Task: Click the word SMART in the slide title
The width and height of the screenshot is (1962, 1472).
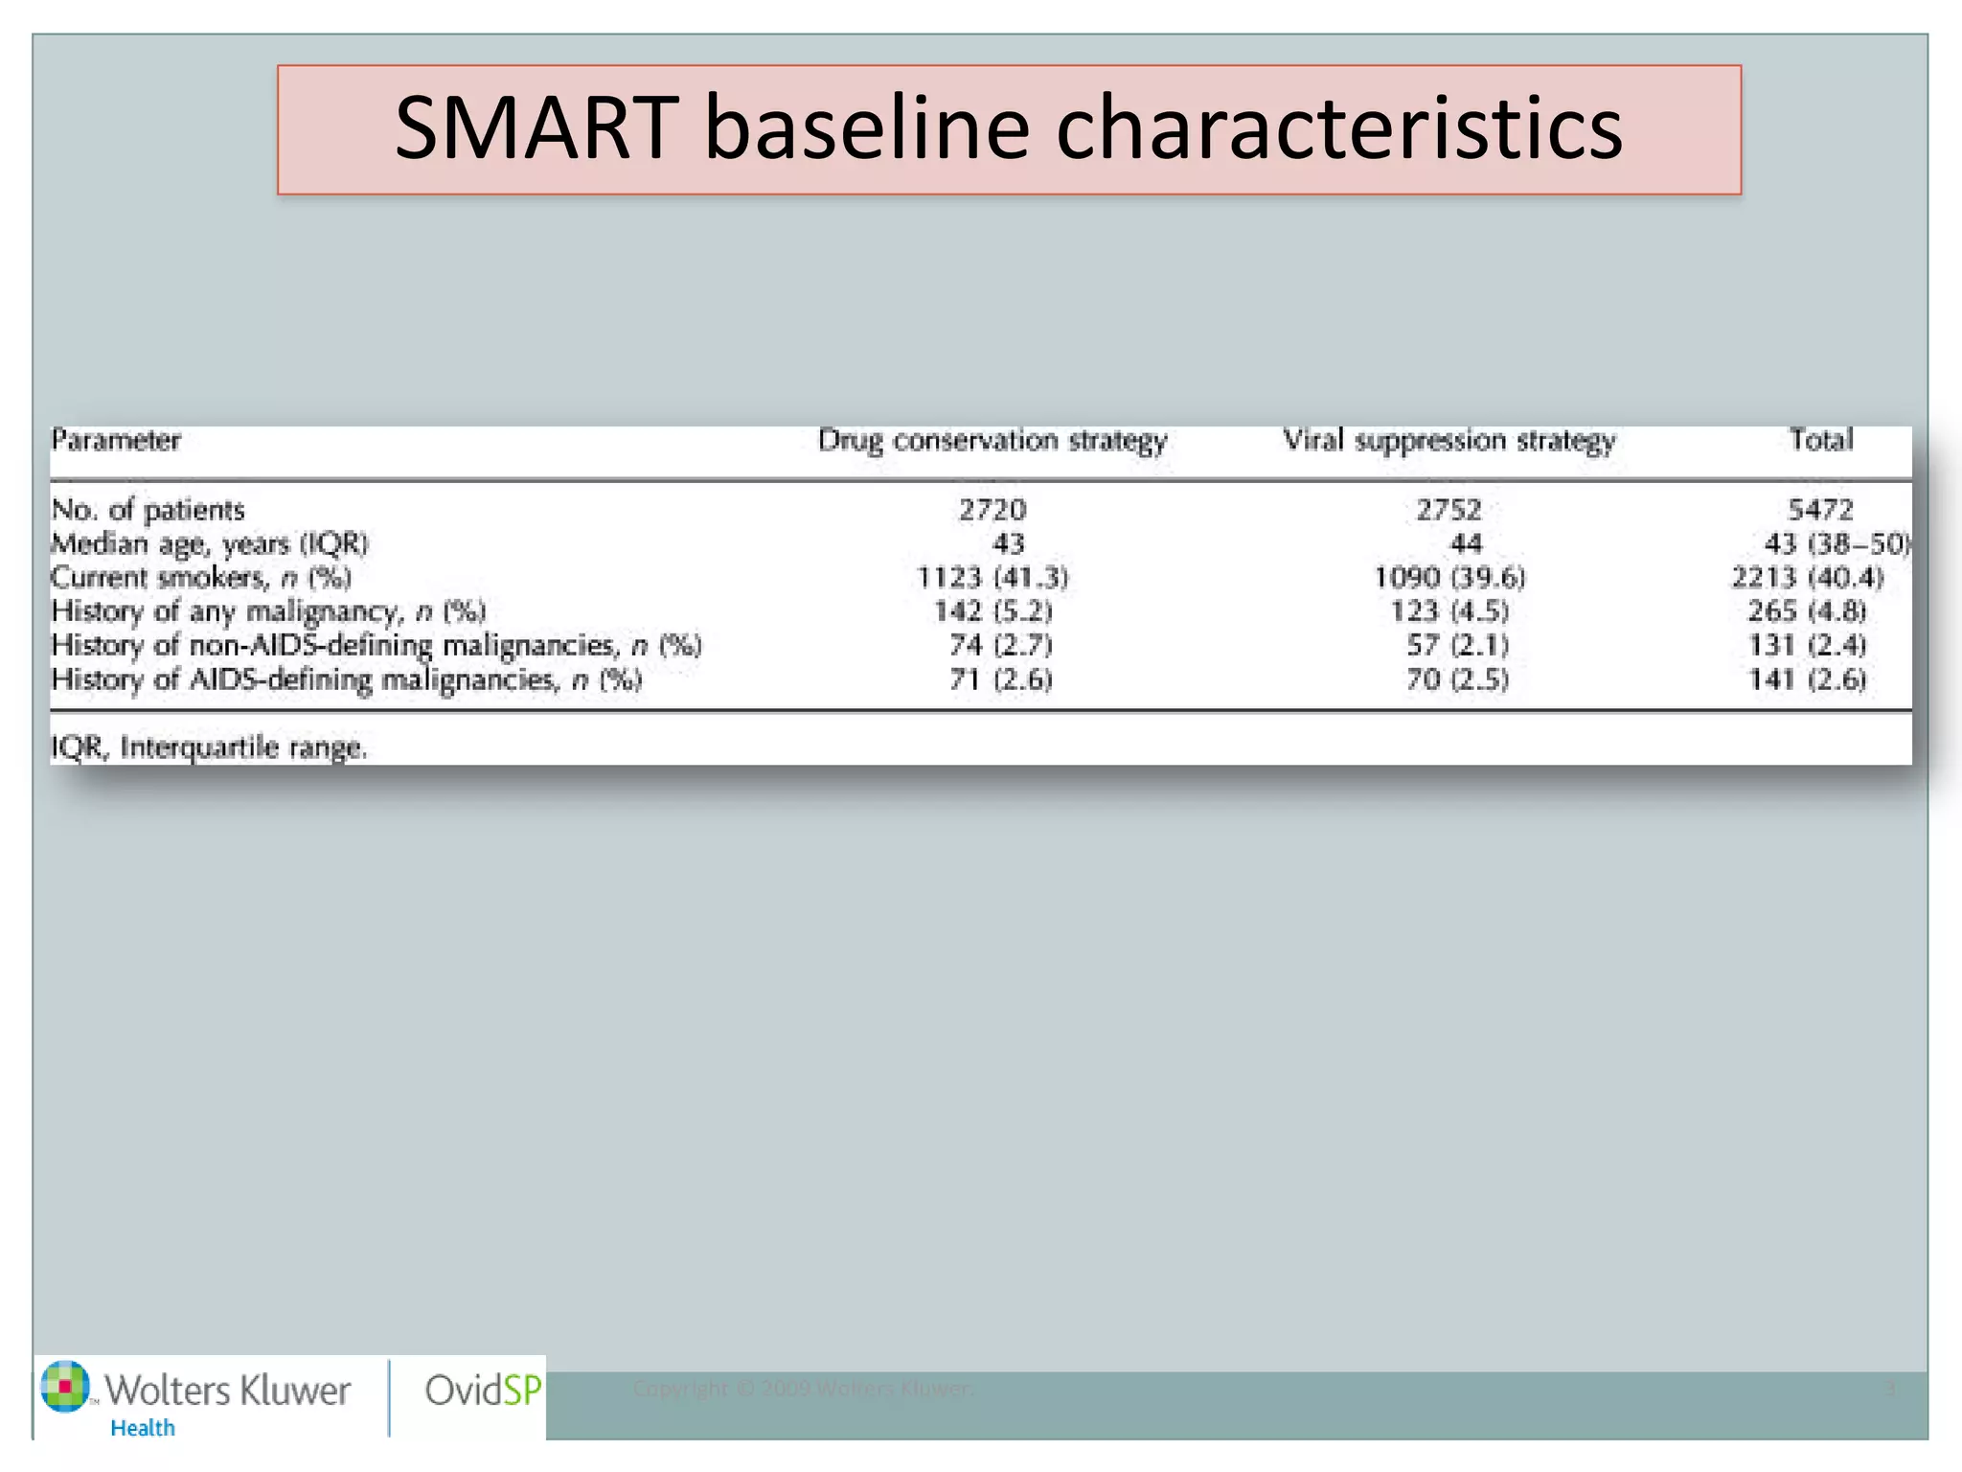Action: tap(536, 128)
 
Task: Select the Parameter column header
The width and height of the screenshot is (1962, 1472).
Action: tap(116, 441)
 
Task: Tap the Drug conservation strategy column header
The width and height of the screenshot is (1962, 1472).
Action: tap(992, 441)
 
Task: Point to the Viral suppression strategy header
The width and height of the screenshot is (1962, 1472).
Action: tap(1449, 441)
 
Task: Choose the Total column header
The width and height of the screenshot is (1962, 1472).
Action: tap(1821, 440)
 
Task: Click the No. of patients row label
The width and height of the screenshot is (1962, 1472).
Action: tap(148, 510)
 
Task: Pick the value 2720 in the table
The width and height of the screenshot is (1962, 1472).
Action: tap(992, 510)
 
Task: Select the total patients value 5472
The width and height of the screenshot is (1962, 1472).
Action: tap(1820, 510)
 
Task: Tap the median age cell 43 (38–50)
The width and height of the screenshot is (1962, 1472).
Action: tap(1836, 544)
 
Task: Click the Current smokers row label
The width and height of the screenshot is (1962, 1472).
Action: tap(201, 578)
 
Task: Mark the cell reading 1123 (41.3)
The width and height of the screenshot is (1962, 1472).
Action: tap(992, 578)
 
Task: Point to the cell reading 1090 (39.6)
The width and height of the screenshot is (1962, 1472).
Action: tap(1449, 578)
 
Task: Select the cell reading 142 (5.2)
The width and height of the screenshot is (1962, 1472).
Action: tap(992, 611)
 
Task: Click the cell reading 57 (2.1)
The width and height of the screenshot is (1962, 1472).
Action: tap(1457, 646)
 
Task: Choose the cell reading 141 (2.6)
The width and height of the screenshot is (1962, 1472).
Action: tap(1807, 680)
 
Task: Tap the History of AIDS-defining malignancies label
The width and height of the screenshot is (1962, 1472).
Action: tap(346, 680)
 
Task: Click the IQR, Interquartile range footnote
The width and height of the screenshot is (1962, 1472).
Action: tap(209, 747)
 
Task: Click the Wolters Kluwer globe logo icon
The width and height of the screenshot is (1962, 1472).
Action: tap(65, 1387)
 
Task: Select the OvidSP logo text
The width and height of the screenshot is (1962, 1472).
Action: tap(483, 1391)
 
